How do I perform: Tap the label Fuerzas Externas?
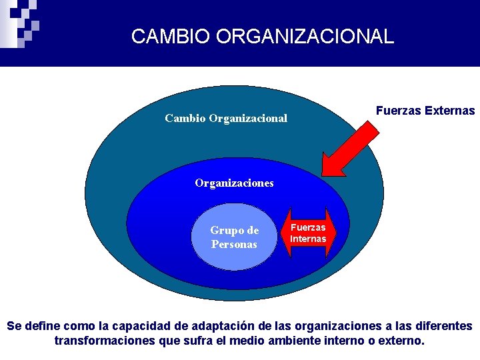coord(425,111)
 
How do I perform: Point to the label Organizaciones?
coord(234,183)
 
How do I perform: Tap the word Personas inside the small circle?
coord(234,244)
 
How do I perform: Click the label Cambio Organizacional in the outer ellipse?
coord(226,119)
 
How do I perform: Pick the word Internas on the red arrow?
coord(308,239)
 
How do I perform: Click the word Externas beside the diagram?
coord(450,111)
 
